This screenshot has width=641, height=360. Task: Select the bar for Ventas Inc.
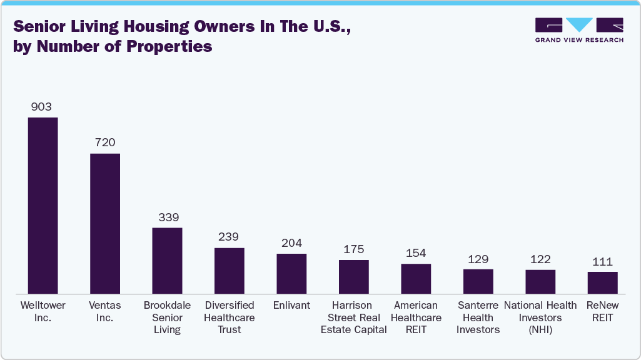pos(105,223)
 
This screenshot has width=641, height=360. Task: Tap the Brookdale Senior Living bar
pos(167,260)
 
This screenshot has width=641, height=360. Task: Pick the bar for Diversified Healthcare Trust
pos(229,270)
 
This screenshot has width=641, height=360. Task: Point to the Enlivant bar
pos(291,273)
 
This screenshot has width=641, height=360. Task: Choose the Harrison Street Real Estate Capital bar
pos(353,276)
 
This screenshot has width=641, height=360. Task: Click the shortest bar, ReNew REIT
pos(602,282)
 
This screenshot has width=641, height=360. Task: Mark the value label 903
pos(41,107)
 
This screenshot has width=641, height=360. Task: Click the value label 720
pos(105,143)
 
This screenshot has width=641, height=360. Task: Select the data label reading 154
pos(415,253)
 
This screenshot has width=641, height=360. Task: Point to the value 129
pos(478,259)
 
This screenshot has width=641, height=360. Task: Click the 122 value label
pos(540,259)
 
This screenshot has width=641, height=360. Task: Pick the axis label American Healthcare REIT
pos(416,317)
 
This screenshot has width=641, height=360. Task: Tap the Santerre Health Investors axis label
pos(478,317)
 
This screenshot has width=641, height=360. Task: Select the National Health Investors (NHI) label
pos(540,317)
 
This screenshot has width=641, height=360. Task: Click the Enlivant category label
pos(291,306)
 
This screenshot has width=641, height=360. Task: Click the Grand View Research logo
pos(579,29)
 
